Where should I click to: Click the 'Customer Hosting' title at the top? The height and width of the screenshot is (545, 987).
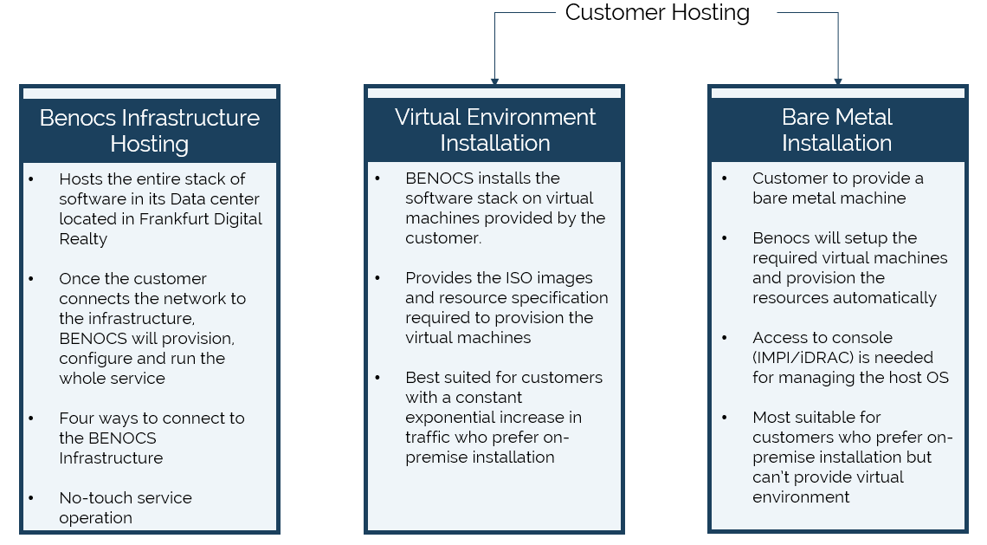click(x=657, y=13)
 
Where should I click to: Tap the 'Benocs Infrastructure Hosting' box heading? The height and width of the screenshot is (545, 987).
click(x=150, y=131)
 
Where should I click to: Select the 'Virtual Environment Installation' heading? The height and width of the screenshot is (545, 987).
click(x=494, y=130)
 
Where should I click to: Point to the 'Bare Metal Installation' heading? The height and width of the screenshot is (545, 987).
click(x=837, y=130)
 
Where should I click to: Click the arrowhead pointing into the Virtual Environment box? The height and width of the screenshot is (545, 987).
click(x=494, y=81)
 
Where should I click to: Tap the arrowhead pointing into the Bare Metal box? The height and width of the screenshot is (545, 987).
click(x=838, y=81)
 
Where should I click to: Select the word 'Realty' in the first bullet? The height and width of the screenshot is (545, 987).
click(x=83, y=239)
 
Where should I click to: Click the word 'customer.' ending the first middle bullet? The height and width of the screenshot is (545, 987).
click(x=443, y=238)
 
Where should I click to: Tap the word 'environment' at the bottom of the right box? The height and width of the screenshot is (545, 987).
click(x=801, y=497)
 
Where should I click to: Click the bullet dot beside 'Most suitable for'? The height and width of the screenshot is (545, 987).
click(x=725, y=418)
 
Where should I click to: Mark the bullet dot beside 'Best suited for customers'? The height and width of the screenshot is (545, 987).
click(x=377, y=378)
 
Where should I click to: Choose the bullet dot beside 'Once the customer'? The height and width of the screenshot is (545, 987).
click(x=31, y=279)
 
